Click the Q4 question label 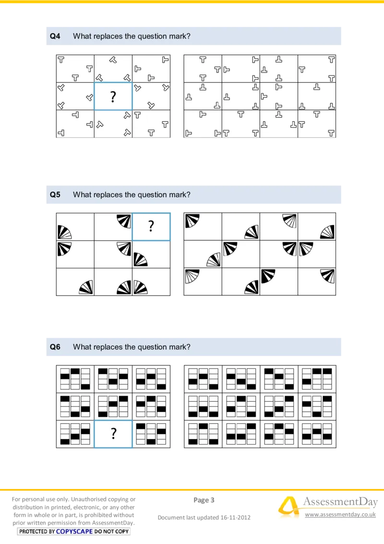[55, 36]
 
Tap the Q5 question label [55, 195]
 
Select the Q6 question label [55, 346]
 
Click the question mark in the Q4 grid [113, 97]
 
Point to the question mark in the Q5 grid [151, 226]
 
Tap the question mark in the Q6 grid [113, 434]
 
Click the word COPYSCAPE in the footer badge [74, 532]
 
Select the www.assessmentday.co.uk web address [340, 515]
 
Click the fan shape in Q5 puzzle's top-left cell [64, 232]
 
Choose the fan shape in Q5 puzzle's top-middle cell [124, 221]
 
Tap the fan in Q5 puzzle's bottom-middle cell [124, 287]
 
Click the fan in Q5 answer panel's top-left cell [192, 220]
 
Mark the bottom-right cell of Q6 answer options [317, 434]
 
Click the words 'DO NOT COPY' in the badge [111, 532]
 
